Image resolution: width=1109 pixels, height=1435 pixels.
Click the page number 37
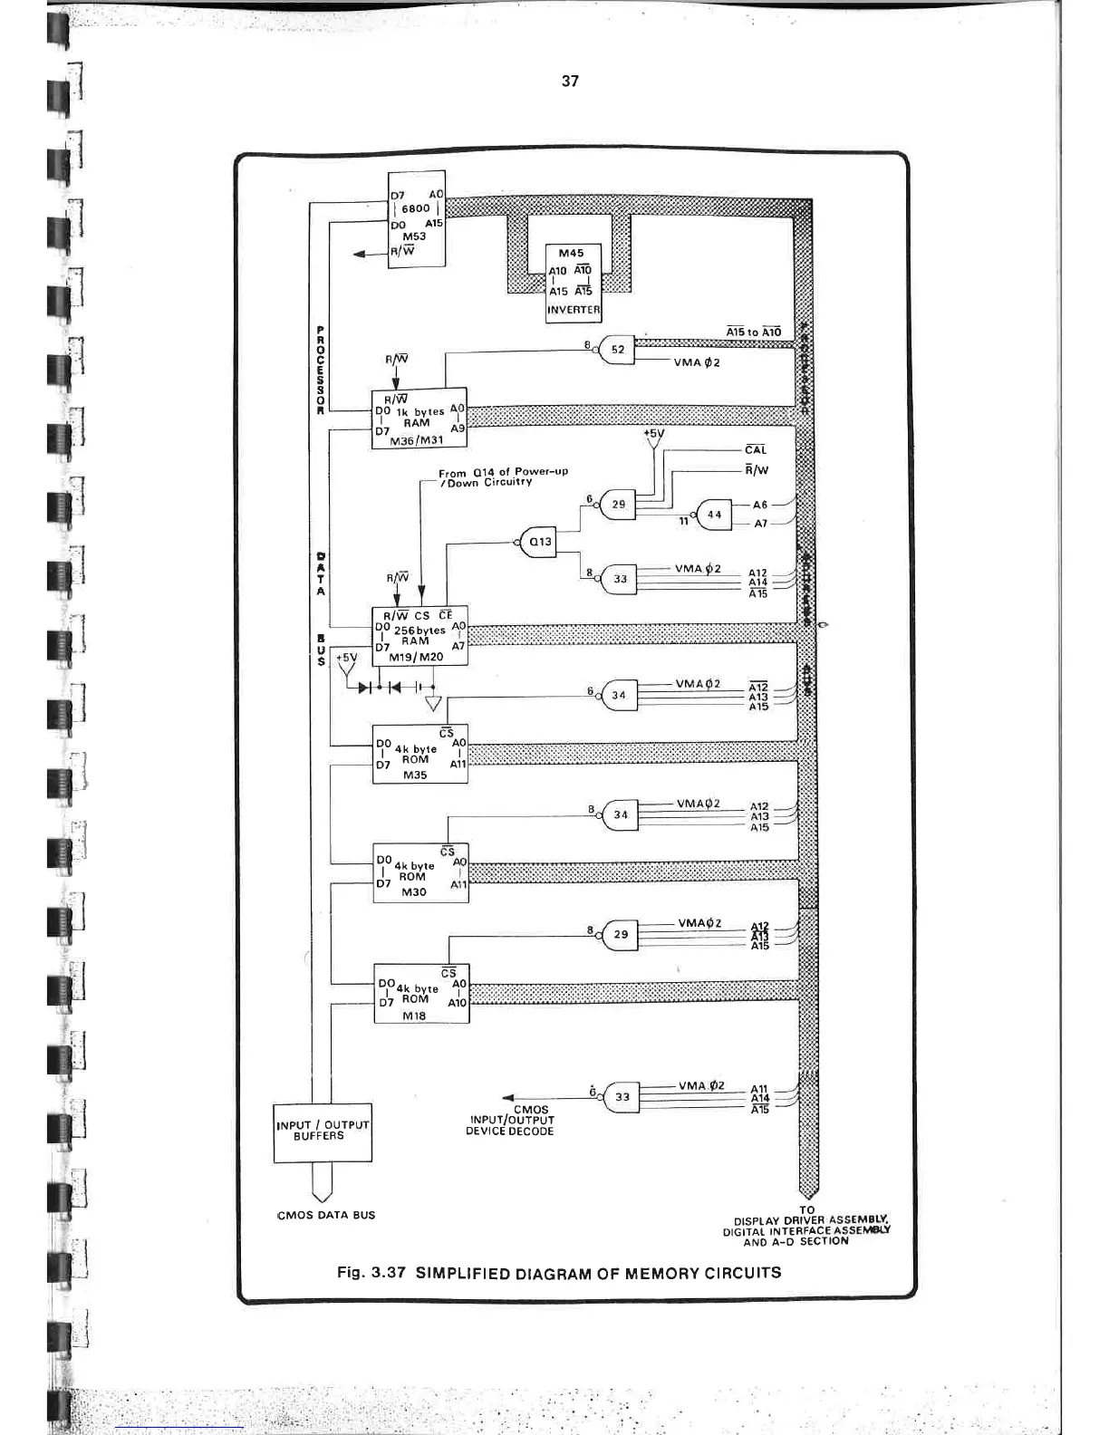(569, 82)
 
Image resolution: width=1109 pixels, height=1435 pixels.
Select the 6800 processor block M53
(416, 220)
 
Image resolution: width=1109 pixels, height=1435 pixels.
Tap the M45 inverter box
(572, 282)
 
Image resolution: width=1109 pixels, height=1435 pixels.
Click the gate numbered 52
(617, 350)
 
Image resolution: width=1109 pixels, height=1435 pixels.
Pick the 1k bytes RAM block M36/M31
(419, 420)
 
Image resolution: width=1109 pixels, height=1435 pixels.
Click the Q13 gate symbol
(539, 542)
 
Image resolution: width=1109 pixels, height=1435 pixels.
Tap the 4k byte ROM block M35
(420, 754)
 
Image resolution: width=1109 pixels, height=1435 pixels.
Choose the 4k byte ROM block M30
(420, 872)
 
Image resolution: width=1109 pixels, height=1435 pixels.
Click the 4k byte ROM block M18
(421, 994)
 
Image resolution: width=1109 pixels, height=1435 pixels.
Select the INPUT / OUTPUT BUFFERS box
(323, 1132)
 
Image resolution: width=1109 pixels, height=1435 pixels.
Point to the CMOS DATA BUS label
(325, 1215)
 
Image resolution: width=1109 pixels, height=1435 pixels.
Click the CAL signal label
(755, 449)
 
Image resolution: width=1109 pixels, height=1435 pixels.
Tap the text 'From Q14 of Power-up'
(503, 473)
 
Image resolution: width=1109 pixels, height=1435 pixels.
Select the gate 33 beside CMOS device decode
(622, 1096)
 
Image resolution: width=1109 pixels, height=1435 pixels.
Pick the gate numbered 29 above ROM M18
(621, 934)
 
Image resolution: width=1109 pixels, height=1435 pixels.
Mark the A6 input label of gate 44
(759, 506)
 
